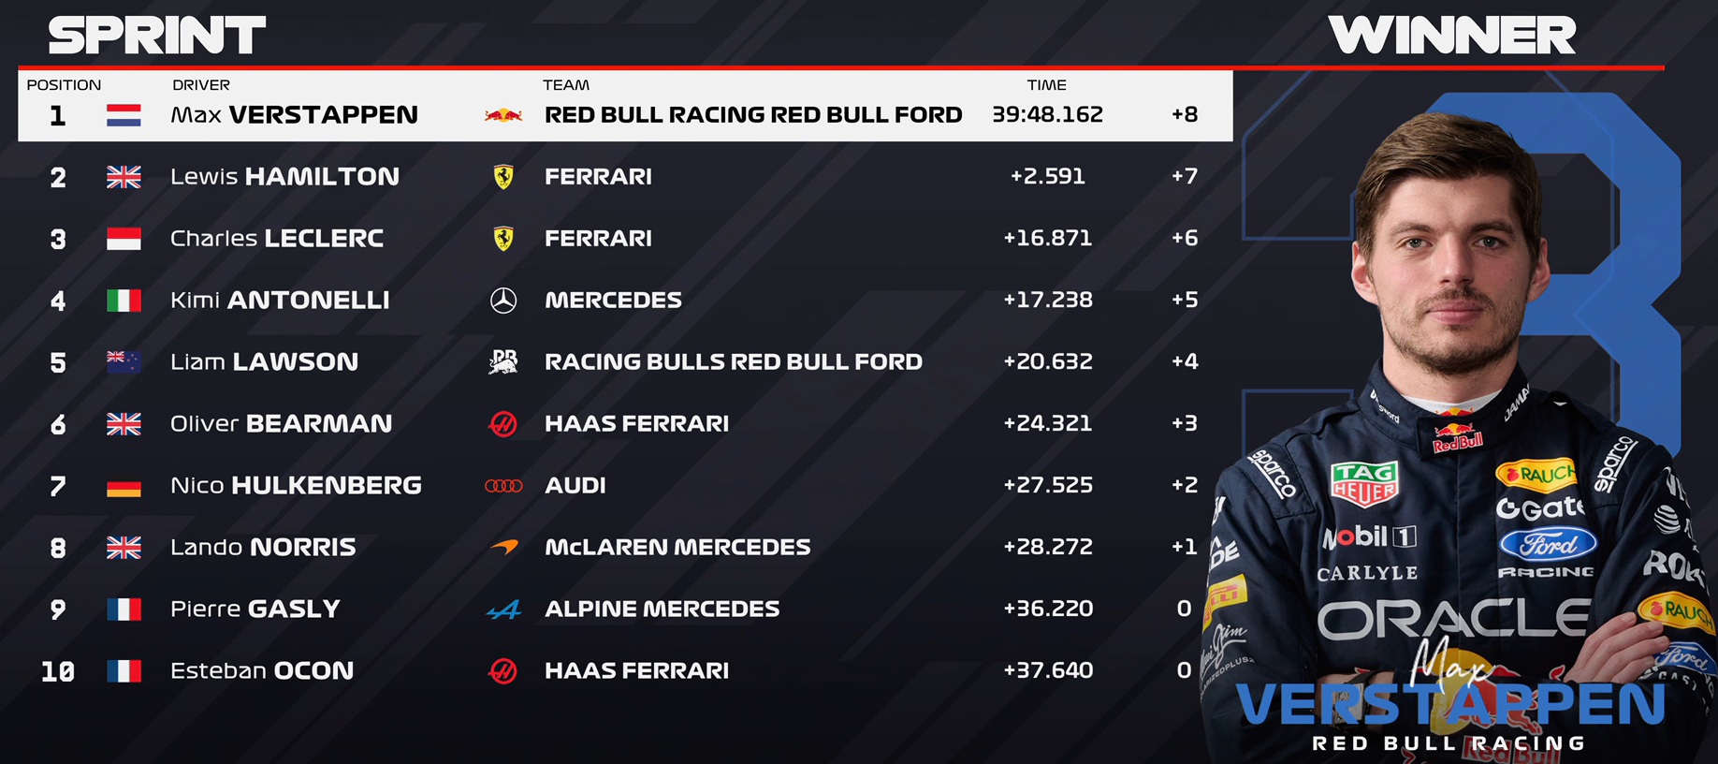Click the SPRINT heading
(x=157, y=36)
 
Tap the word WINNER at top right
(x=1451, y=36)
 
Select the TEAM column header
(x=566, y=85)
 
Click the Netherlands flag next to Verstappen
(x=124, y=115)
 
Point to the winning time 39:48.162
(x=1047, y=114)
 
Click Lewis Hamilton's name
(x=284, y=176)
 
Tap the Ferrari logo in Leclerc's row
(x=503, y=238)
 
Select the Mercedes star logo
(x=503, y=300)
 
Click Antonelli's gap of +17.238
(x=1048, y=300)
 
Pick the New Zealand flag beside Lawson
(x=124, y=362)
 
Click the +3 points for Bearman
(x=1185, y=423)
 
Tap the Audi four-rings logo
(x=503, y=486)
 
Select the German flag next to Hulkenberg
(x=124, y=486)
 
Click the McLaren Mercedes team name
(x=677, y=547)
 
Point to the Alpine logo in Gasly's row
(x=504, y=610)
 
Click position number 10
(x=58, y=671)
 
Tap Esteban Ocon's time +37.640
(x=1048, y=670)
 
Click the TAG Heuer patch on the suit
(x=1364, y=483)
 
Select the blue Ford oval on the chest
(x=1548, y=544)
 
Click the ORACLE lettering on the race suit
(x=1453, y=619)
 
